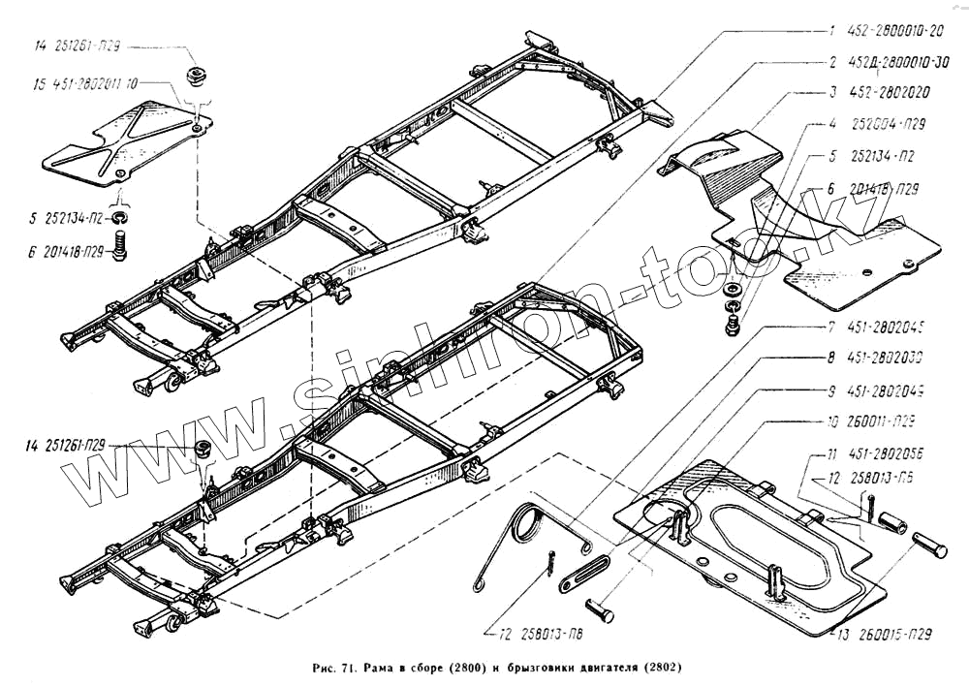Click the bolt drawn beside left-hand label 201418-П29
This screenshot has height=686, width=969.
120,251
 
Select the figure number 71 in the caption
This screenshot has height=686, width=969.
348,669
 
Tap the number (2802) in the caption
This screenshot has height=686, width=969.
658,669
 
